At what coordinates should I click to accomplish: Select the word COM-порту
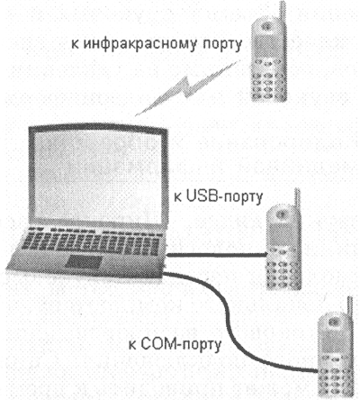[181, 344]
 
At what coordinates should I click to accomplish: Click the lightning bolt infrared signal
[187, 87]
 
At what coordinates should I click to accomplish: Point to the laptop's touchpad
[83, 262]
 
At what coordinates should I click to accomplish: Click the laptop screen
[98, 177]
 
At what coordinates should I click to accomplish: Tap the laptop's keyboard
[92, 241]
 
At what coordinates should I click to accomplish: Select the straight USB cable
[217, 255]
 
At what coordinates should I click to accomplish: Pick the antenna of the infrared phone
[282, 12]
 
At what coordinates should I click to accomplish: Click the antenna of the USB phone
[297, 199]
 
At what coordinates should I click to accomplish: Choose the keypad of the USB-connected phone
[283, 268]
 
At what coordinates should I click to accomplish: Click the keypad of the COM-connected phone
[335, 377]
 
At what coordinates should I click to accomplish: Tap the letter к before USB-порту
[177, 198]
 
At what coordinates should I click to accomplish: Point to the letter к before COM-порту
[132, 345]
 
